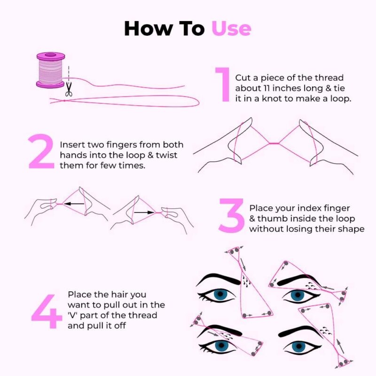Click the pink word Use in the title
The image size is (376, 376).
coord(231,28)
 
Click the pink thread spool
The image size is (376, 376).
coord(50,70)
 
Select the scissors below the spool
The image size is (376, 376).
coord(69,89)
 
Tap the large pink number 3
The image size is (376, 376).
coord(232,215)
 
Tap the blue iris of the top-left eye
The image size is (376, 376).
coord(219,295)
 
